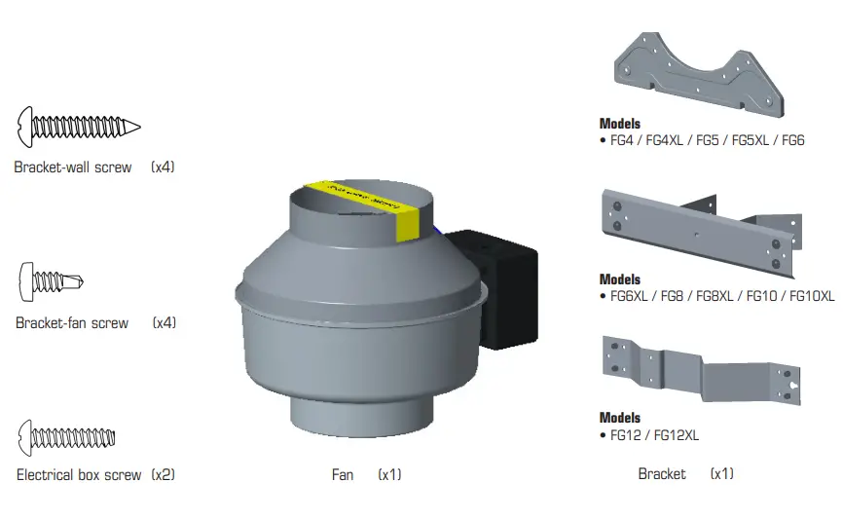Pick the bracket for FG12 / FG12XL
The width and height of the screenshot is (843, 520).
pyautogui.click(x=700, y=369)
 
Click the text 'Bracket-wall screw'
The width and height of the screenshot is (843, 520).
pyautogui.click(x=72, y=167)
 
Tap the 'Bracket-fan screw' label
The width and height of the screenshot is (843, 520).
pyautogui.click(x=72, y=323)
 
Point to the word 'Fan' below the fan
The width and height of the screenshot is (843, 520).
pyautogui.click(x=343, y=475)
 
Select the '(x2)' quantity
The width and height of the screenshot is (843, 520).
pyautogui.click(x=163, y=475)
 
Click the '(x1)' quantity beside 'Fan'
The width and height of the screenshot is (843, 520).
pyautogui.click(x=389, y=475)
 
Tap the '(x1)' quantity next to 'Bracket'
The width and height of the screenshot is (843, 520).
pyautogui.click(x=721, y=474)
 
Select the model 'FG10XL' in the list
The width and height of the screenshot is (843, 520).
pyautogui.click(x=812, y=296)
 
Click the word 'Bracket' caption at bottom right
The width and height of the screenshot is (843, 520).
pyautogui.click(x=662, y=474)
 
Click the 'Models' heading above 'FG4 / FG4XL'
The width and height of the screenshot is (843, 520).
pyautogui.click(x=620, y=124)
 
